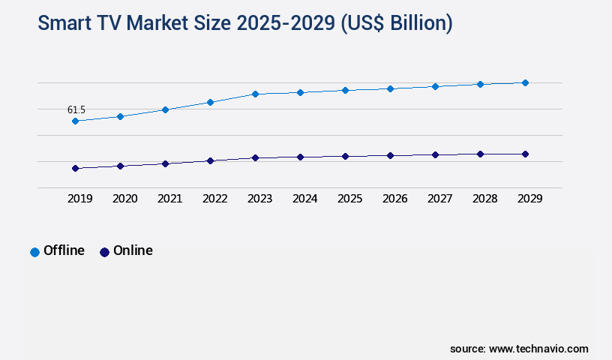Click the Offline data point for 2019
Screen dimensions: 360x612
click(x=75, y=121)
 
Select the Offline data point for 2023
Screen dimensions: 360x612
click(x=255, y=94)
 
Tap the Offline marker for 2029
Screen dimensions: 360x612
click(x=525, y=82)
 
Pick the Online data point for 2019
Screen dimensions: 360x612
click(x=75, y=168)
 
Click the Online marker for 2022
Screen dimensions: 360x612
click(x=210, y=160)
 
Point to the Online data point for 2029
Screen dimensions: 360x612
click(x=525, y=154)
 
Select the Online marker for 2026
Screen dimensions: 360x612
click(x=390, y=155)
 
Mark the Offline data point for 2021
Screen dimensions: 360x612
click(x=165, y=109)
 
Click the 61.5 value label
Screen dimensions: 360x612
click(x=76, y=109)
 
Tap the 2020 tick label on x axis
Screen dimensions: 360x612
click(x=124, y=199)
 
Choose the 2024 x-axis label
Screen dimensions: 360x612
click(x=304, y=199)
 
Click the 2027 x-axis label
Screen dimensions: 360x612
click(x=439, y=199)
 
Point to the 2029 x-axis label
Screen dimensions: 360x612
click(x=529, y=199)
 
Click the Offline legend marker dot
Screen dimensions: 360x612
click(x=34, y=252)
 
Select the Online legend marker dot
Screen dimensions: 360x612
click(x=104, y=252)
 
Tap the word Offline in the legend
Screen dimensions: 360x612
click(x=64, y=250)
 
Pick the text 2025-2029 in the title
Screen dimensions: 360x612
click(x=287, y=23)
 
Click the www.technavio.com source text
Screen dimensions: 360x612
click(x=538, y=349)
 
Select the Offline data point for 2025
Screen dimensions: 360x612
click(x=345, y=90)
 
